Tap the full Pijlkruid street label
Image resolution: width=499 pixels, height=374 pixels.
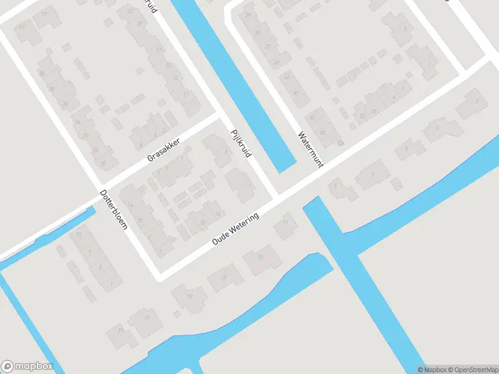(240, 143)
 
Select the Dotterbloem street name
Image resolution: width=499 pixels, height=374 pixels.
(114, 209)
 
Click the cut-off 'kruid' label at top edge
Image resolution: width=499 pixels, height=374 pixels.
(150, 6)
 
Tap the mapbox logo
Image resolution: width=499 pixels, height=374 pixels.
(27, 366)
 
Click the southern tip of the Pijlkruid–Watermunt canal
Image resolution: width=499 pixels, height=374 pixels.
(285, 168)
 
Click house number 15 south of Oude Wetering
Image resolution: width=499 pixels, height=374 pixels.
(223, 278)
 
